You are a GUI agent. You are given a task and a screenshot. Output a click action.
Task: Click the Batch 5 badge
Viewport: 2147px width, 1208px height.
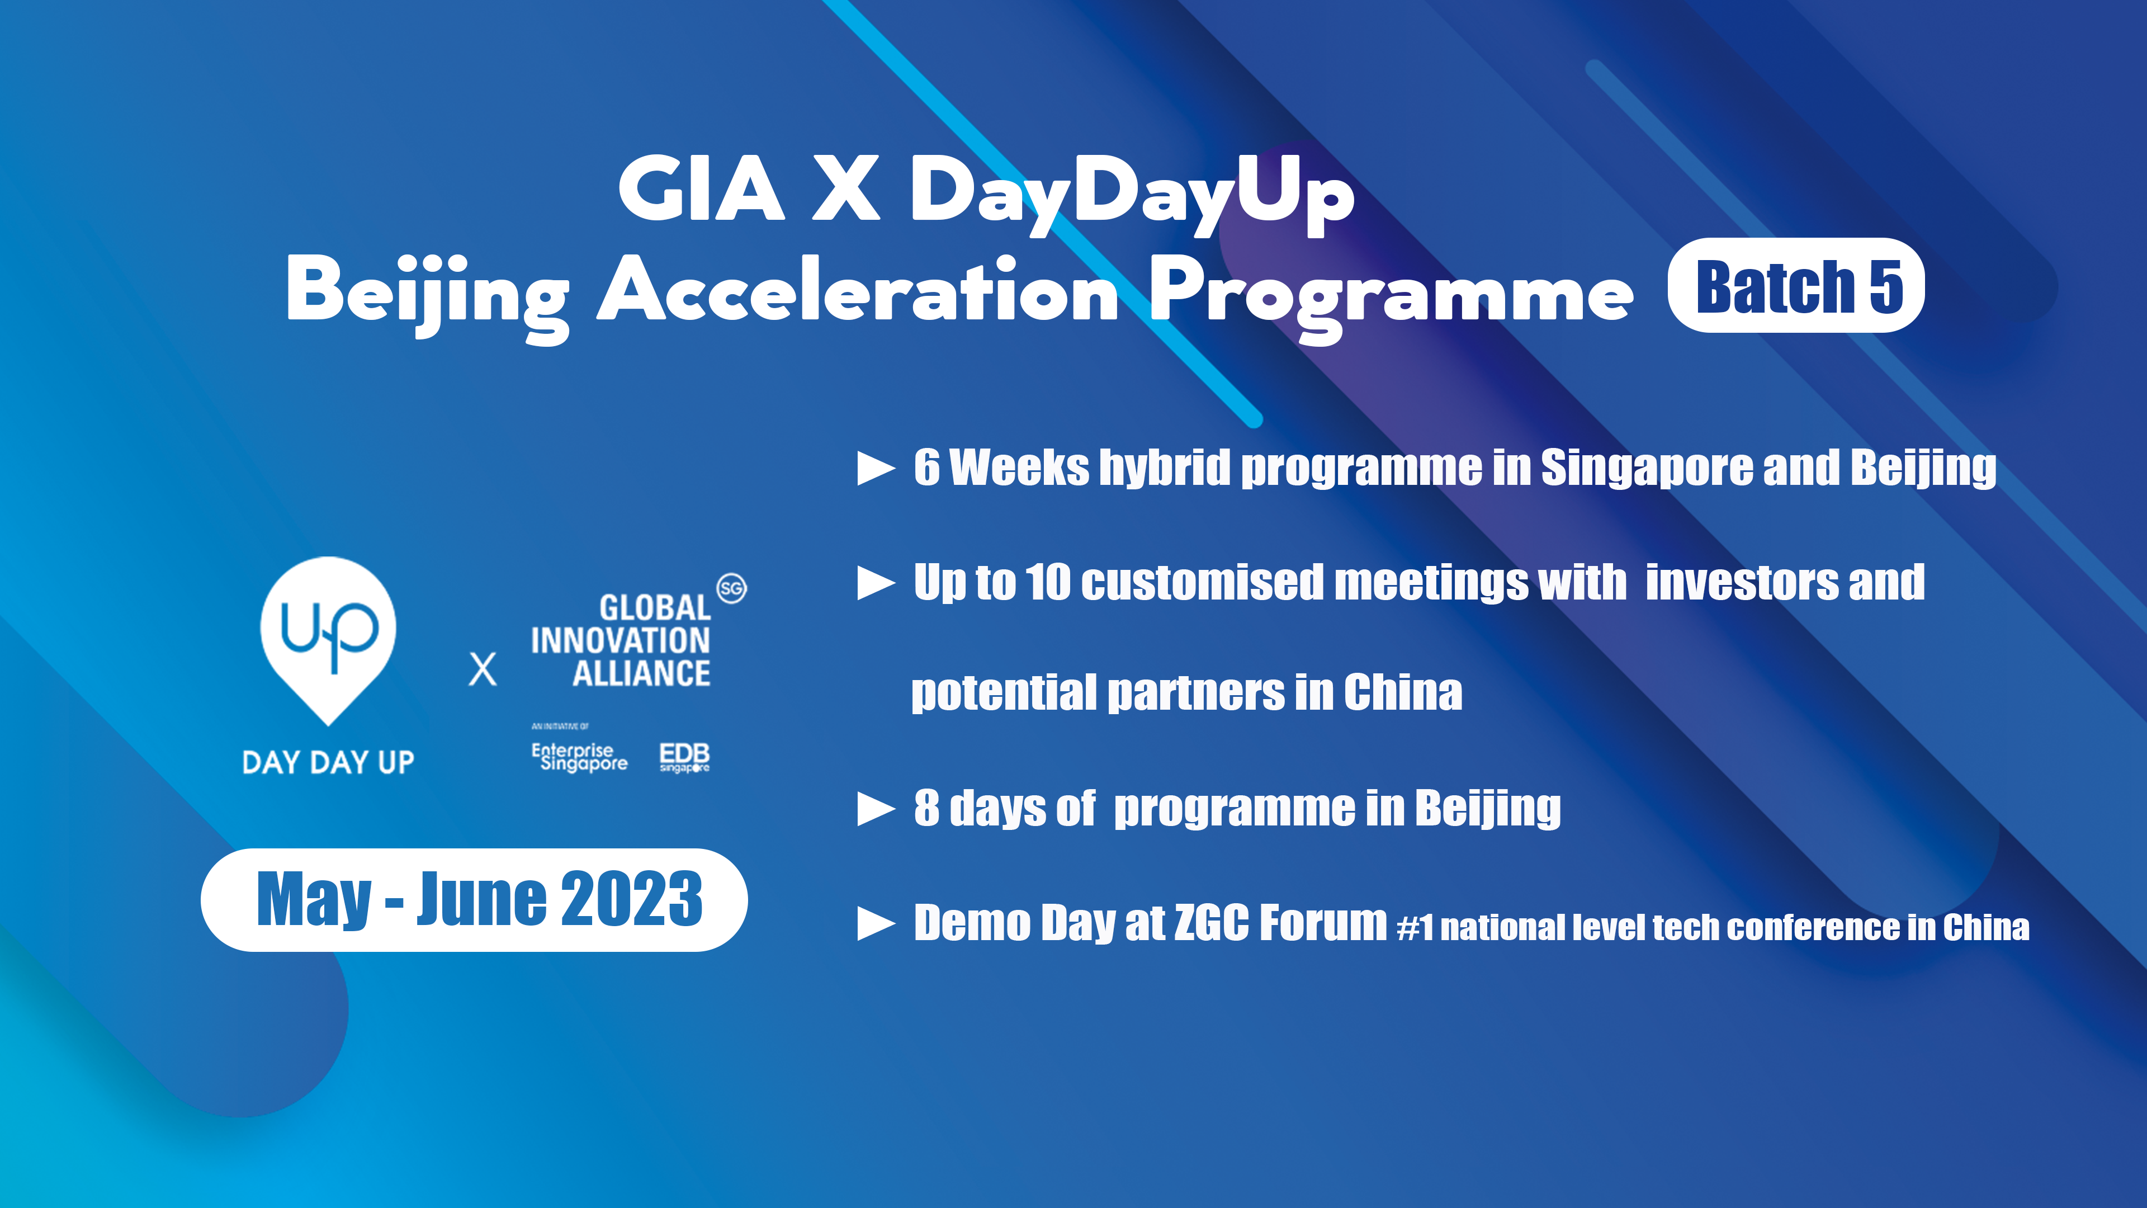[x=1796, y=285]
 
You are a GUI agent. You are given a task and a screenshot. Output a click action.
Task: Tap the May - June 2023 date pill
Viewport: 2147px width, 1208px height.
[x=474, y=899]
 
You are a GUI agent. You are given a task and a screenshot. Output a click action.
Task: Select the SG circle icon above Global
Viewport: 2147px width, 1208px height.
[x=732, y=588]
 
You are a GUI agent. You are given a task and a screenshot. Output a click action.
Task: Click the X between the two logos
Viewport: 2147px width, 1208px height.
[x=483, y=669]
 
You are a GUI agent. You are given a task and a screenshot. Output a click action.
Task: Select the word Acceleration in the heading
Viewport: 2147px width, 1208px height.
[x=858, y=290]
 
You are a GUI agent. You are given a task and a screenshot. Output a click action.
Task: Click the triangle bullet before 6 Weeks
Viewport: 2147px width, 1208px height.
[x=876, y=469]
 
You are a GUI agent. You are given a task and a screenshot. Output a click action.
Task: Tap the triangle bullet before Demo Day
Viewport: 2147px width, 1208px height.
[x=876, y=924]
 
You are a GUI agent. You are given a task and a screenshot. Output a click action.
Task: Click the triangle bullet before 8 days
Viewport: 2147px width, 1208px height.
[x=876, y=809]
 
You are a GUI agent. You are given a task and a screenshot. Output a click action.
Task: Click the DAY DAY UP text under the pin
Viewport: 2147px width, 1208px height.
[x=328, y=762]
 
